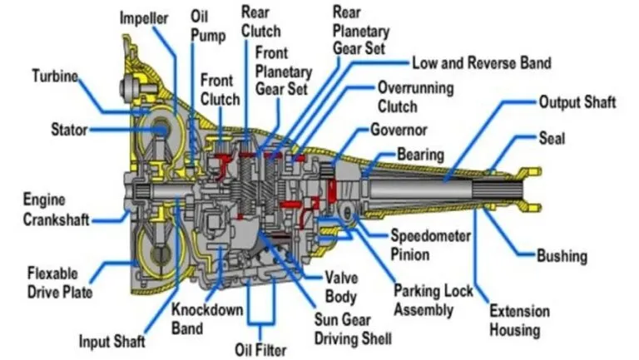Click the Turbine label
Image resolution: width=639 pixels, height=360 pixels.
pos(55,76)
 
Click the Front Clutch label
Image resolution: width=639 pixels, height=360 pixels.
pos(220,90)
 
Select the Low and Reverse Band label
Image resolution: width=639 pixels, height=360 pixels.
pos(481,62)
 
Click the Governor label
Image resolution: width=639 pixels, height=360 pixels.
pos(399,131)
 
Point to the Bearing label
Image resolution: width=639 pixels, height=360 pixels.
pos(420,155)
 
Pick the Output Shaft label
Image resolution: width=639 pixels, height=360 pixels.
pos(577,102)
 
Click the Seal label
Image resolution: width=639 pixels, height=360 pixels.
pos(552,137)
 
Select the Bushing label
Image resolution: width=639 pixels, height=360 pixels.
pos(562,256)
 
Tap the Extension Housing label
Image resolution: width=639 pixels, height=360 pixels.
pos(519,320)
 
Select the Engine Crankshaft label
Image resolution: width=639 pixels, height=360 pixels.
pos(57,210)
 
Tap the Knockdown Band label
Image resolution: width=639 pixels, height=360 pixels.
pos(206,318)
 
